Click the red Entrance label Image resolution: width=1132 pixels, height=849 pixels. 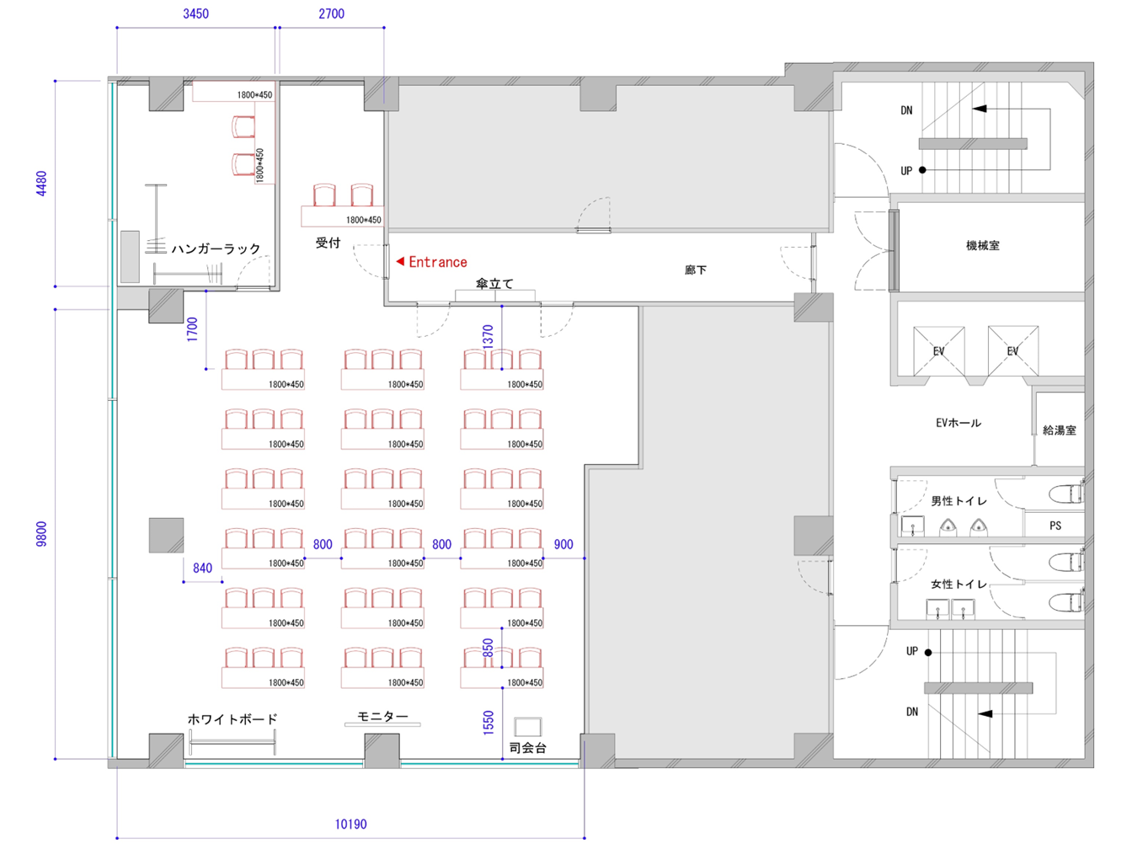coord(437,262)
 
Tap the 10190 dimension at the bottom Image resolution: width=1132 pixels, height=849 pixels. coord(350,824)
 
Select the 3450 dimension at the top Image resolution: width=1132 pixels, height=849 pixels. coord(196,14)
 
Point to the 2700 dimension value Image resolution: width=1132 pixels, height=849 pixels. coord(331,14)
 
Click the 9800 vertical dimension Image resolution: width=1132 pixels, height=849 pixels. coord(41,533)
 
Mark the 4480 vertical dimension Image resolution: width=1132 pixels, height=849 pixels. coord(41,184)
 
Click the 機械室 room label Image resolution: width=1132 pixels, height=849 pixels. coord(982,245)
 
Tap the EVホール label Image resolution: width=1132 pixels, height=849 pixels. coord(958,423)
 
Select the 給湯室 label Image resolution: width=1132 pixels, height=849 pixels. coord(1060,430)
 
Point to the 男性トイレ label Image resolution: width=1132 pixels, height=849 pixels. coord(958,501)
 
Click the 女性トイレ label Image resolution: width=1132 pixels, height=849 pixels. coord(958,584)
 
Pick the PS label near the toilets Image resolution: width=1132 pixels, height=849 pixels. coord(1055,526)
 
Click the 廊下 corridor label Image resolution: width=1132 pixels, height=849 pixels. coord(696,270)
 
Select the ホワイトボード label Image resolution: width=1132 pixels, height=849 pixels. coord(232,719)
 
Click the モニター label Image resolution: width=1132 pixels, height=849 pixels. coord(382,716)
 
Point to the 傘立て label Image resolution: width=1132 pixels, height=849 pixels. coord(494,284)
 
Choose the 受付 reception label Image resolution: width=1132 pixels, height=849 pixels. coord(328,243)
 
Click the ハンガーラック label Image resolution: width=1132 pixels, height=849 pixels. coord(216,249)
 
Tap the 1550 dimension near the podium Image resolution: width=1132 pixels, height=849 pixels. coord(489,722)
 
